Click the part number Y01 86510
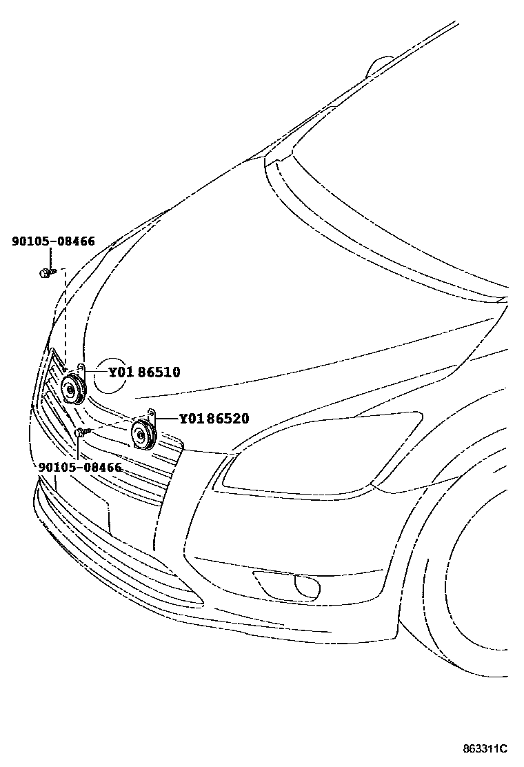click(144, 372)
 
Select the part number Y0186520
click(214, 419)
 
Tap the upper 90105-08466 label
click(53, 241)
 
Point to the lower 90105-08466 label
click(80, 467)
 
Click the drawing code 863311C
click(485, 748)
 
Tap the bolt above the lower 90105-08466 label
click(83, 432)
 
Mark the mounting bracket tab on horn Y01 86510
click(81, 368)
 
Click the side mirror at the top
click(381, 67)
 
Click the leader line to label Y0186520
click(166, 419)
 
